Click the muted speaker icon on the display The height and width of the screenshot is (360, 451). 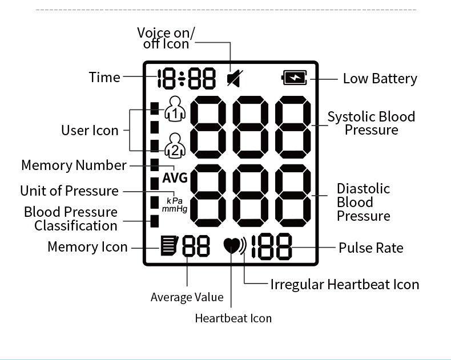pyautogui.click(x=232, y=78)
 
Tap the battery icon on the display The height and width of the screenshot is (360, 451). pyautogui.click(x=294, y=78)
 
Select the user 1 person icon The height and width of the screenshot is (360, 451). pyautogui.click(x=175, y=108)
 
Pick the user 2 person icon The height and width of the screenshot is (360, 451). pyautogui.click(x=175, y=145)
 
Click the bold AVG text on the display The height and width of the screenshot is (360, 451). pyautogui.click(x=175, y=178)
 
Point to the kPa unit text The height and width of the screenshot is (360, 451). pyautogui.click(x=175, y=201)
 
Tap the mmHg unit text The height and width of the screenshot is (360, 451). pyautogui.click(x=175, y=209)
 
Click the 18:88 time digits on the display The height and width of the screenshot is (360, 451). pyautogui.click(x=187, y=78)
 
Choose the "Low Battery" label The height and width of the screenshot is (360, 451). pyautogui.click(x=380, y=79)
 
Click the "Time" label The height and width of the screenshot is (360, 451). pyautogui.click(x=104, y=77)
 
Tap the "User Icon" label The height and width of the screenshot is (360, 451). pyautogui.click(x=90, y=130)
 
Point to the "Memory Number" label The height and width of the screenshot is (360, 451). pyautogui.click(x=74, y=165)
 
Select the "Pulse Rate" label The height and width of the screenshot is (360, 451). pyautogui.click(x=371, y=248)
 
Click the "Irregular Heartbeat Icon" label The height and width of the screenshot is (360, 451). pyautogui.click(x=345, y=284)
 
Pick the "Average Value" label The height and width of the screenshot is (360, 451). pyautogui.click(x=187, y=297)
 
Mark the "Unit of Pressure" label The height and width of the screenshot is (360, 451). pyautogui.click(x=69, y=191)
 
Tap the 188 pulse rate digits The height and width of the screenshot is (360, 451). pyautogui.click(x=272, y=247)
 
